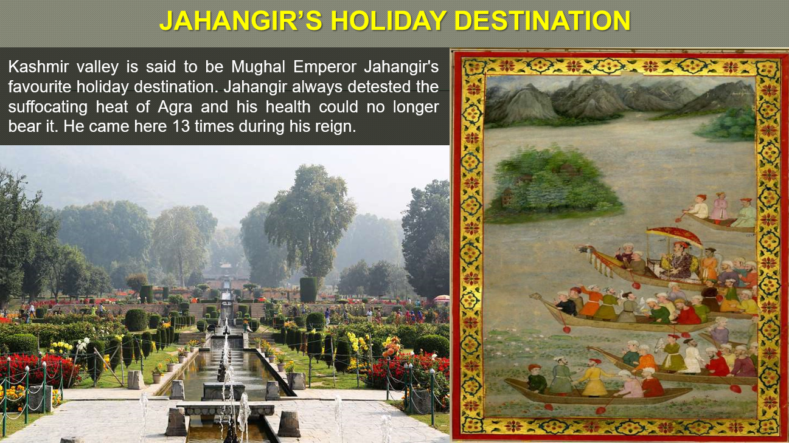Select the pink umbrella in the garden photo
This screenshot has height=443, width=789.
point(442,298)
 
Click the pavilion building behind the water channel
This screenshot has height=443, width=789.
point(224,276)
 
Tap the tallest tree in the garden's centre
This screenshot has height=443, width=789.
point(310,213)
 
